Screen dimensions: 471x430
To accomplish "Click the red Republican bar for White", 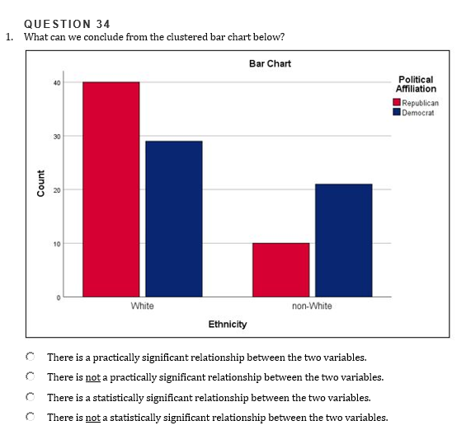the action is (x=111, y=189).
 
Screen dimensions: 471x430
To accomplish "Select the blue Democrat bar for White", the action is (x=174, y=219).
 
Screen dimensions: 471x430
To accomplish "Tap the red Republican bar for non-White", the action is (x=280, y=270).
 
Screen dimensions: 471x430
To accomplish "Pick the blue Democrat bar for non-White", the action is (x=344, y=241).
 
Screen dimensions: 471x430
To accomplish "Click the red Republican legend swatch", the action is (x=397, y=102).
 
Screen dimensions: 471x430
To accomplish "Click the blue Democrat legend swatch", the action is (x=397, y=112).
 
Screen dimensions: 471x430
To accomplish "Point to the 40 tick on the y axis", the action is (x=57, y=83).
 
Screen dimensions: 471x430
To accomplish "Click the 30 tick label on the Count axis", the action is (x=57, y=137).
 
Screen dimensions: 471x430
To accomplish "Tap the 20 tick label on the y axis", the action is (x=57, y=190).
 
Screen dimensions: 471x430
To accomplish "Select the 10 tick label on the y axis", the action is (x=57, y=244).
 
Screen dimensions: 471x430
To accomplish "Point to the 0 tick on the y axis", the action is (x=59, y=297).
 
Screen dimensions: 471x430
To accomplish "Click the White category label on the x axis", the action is (x=142, y=306).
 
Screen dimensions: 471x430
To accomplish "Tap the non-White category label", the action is (x=312, y=306).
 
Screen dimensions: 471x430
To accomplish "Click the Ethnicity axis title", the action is (x=228, y=325).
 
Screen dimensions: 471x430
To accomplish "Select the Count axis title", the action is (x=41, y=184).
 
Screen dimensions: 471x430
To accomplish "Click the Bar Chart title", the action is (x=270, y=63).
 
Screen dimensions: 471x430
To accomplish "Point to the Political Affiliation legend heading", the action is (x=416, y=84).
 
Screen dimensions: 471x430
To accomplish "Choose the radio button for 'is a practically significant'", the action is (x=30, y=357).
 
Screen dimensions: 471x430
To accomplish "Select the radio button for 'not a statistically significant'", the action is (x=30, y=417).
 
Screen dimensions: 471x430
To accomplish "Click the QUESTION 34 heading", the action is (x=67, y=24).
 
